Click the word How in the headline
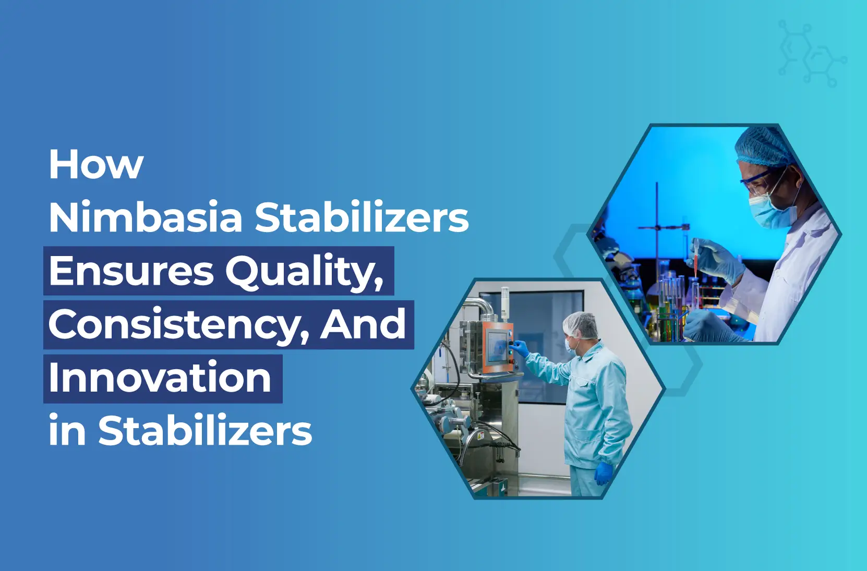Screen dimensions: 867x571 pyautogui.click(x=96, y=165)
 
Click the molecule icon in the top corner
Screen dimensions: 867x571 pyautogui.click(x=813, y=54)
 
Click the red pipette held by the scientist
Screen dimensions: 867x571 pyautogui.click(x=696, y=257)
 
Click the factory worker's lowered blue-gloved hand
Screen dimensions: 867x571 pyautogui.click(x=603, y=473)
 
